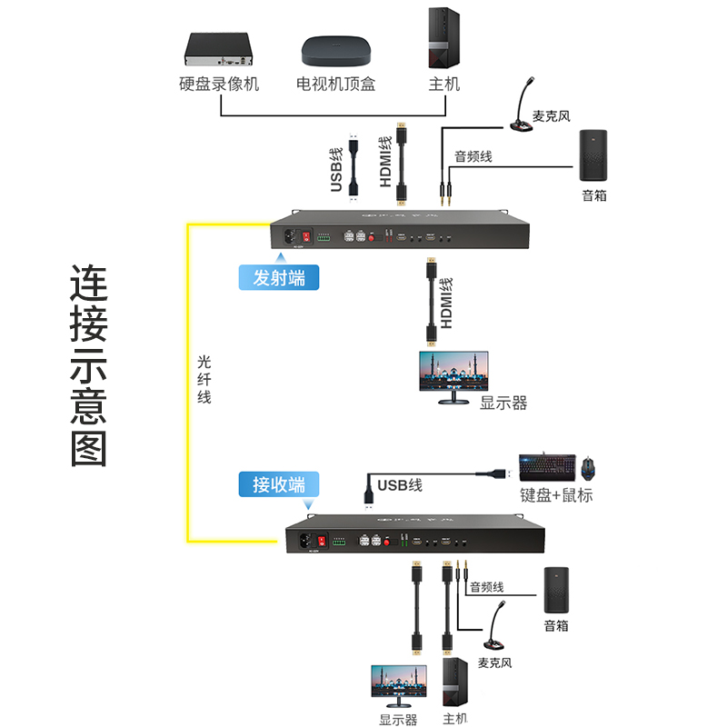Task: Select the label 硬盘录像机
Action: [220, 85]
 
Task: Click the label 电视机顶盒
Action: [335, 85]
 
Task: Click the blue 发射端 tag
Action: [279, 277]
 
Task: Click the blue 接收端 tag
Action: [279, 483]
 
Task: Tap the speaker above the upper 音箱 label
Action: [594, 157]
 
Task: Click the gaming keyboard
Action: [546, 468]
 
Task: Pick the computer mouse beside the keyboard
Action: [589, 468]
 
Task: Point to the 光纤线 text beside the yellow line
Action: [204, 379]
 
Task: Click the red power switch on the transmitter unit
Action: [308, 238]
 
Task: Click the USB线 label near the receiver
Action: [400, 485]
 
